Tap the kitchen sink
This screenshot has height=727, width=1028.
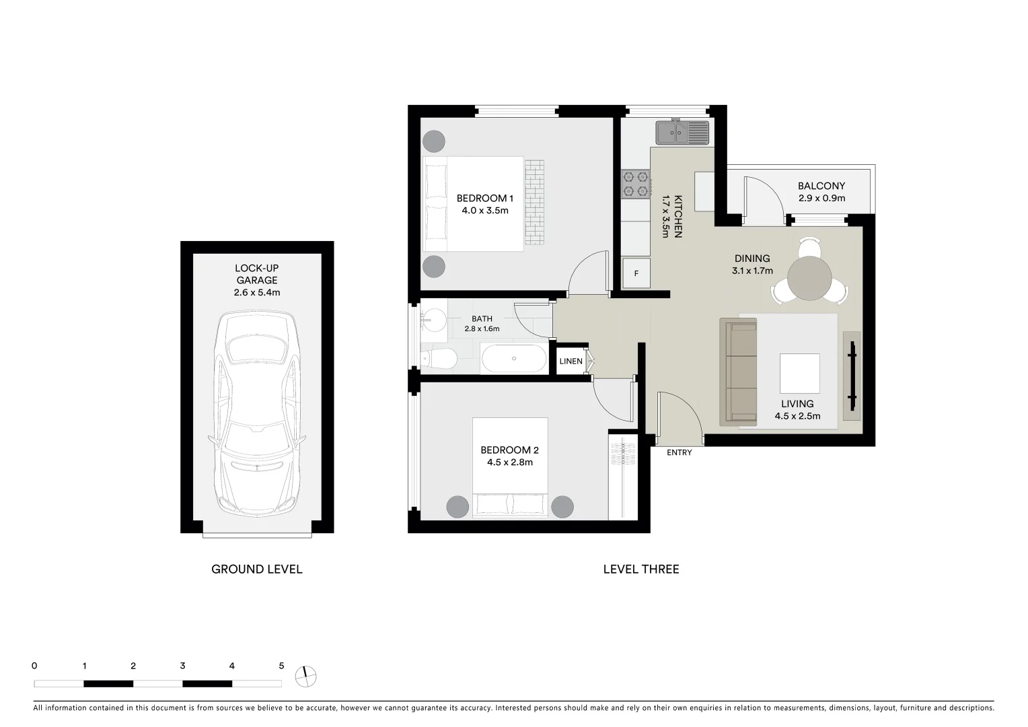pyautogui.click(x=682, y=132)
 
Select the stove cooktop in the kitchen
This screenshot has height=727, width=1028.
pyautogui.click(x=635, y=184)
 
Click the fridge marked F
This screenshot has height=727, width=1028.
pyautogui.click(x=636, y=273)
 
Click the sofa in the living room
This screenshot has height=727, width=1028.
pyautogui.click(x=739, y=372)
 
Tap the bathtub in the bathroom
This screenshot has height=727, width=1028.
pyautogui.click(x=514, y=359)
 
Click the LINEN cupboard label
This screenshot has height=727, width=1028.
pyautogui.click(x=571, y=361)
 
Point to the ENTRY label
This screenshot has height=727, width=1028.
pyautogui.click(x=679, y=452)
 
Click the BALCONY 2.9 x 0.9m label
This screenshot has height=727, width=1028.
pyautogui.click(x=821, y=192)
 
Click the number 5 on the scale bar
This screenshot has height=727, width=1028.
pyautogui.click(x=281, y=666)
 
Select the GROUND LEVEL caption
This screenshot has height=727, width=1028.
pyautogui.click(x=256, y=569)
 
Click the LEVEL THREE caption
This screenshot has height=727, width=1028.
pyautogui.click(x=640, y=569)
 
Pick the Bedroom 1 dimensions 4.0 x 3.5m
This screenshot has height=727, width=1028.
pyautogui.click(x=484, y=211)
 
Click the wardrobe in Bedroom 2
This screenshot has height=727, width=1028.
pyautogui.click(x=622, y=475)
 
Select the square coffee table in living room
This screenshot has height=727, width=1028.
pyautogui.click(x=799, y=373)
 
